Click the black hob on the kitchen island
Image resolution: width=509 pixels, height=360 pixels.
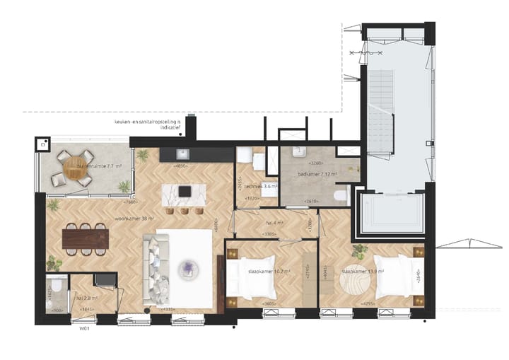pyautogui.click(x=185, y=191)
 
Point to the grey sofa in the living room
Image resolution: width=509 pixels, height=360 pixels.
pyautogui.click(x=156, y=265)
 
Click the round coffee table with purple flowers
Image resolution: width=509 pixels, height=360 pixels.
pyautogui.click(x=188, y=267)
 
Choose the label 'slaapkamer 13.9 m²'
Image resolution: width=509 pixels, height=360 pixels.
pyautogui.click(x=363, y=271)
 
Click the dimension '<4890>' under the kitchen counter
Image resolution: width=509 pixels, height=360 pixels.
pyautogui.click(x=180, y=166)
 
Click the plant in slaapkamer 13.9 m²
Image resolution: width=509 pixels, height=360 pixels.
pyautogui.click(x=358, y=249)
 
